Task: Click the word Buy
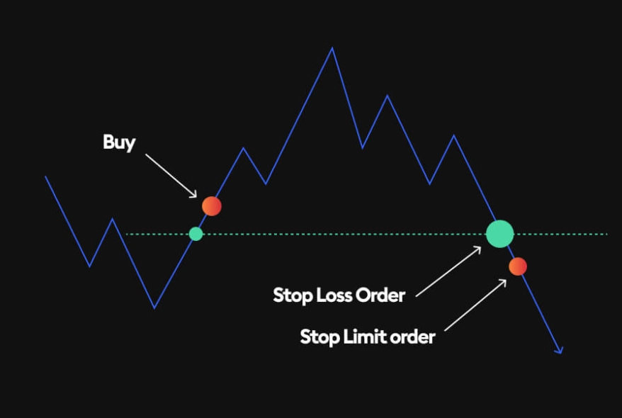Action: point(118,142)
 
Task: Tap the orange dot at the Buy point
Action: point(212,206)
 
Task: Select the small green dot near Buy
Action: point(196,234)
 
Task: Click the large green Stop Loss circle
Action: point(499,234)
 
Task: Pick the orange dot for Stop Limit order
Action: point(518,266)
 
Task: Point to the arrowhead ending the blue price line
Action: point(559,350)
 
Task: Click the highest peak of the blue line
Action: point(332,48)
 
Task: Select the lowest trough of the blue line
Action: point(154,307)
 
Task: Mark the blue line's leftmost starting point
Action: point(46,176)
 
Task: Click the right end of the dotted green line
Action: point(606,234)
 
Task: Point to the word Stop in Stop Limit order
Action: point(320,337)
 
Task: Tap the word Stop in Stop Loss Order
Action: point(293,295)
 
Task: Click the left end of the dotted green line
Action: point(127,234)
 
